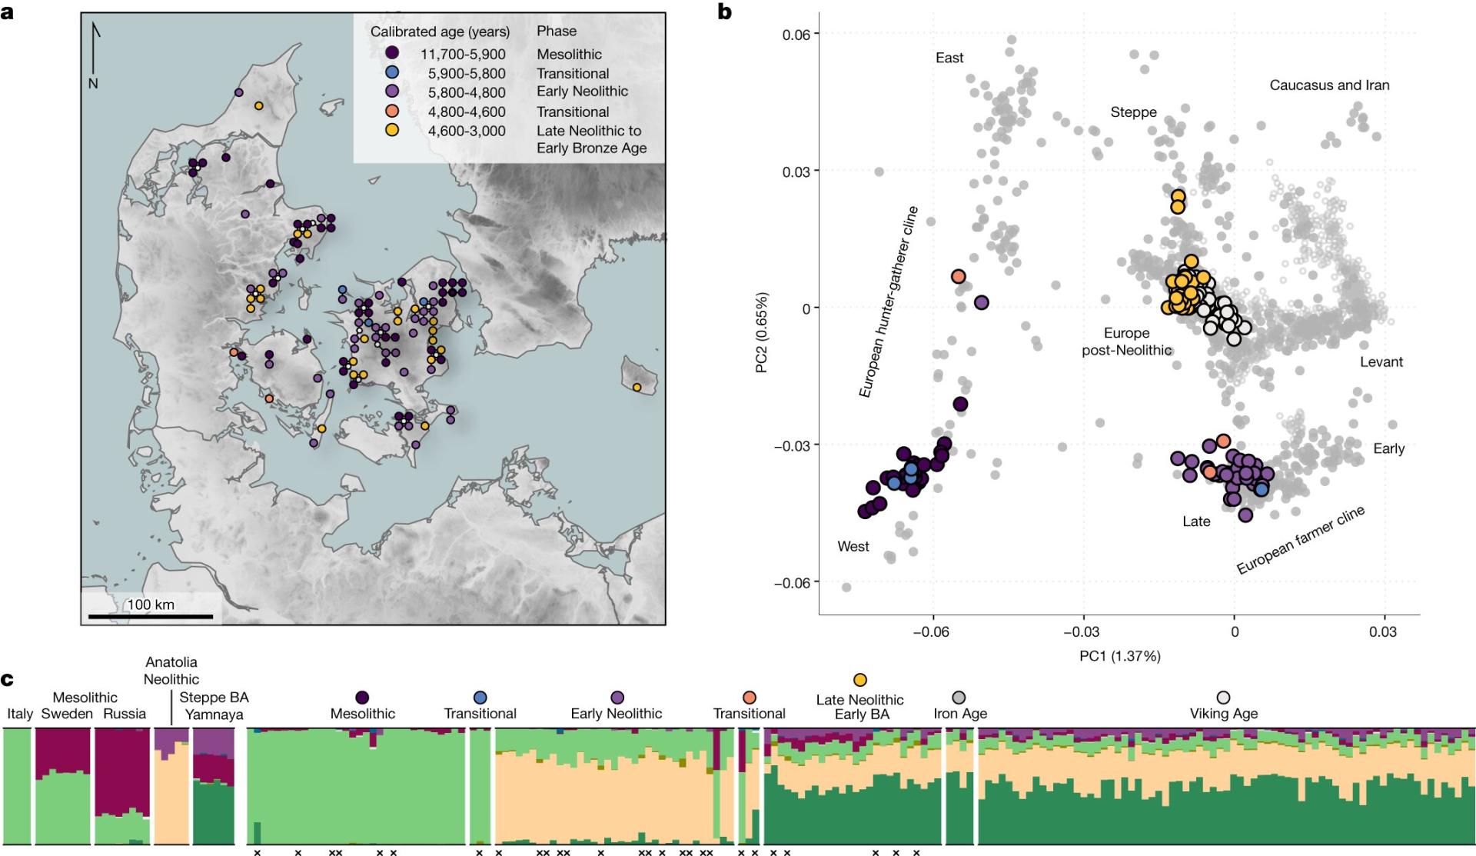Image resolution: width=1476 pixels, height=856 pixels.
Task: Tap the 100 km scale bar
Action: click(x=151, y=615)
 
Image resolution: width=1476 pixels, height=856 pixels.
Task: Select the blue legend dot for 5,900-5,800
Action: click(x=392, y=73)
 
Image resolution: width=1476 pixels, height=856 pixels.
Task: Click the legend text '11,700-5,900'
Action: click(x=463, y=55)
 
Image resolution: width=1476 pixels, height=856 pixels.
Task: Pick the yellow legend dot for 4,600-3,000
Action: click(x=392, y=130)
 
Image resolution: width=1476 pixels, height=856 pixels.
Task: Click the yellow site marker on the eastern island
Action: click(x=637, y=387)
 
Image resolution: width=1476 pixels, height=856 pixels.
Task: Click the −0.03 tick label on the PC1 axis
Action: click(x=1083, y=632)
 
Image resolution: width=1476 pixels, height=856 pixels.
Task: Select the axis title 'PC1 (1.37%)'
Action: click(x=1119, y=656)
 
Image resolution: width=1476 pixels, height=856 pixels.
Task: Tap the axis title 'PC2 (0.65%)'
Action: click(x=762, y=332)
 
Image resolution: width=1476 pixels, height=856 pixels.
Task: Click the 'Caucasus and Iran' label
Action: click(x=1329, y=85)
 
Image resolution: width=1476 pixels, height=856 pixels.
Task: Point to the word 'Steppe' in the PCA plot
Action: click(x=1133, y=112)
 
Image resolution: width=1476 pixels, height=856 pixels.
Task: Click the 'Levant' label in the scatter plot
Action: click(x=1381, y=362)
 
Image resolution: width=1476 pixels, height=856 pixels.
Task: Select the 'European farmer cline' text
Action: click(x=1300, y=540)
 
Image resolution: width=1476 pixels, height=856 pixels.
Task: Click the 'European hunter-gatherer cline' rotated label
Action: click(x=888, y=301)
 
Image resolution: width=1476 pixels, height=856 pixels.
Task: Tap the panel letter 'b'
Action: click(x=723, y=12)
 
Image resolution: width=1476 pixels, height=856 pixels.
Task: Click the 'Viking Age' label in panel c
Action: click(x=1223, y=713)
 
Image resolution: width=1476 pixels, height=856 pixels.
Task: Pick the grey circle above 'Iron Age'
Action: click(x=959, y=698)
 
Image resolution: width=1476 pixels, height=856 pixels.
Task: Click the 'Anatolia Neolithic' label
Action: click(x=171, y=671)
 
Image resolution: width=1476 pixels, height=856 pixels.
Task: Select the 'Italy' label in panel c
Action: click(x=20, y=714)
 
